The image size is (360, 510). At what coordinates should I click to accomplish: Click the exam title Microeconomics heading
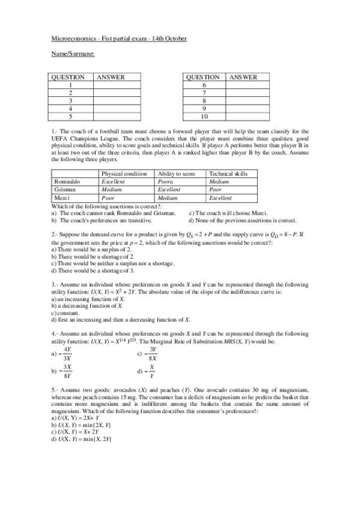(119, 38)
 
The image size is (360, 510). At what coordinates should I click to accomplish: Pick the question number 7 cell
(204, 93)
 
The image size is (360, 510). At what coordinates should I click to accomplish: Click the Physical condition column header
(124, 173)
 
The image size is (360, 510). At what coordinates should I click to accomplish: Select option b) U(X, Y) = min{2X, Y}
(81, 425)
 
